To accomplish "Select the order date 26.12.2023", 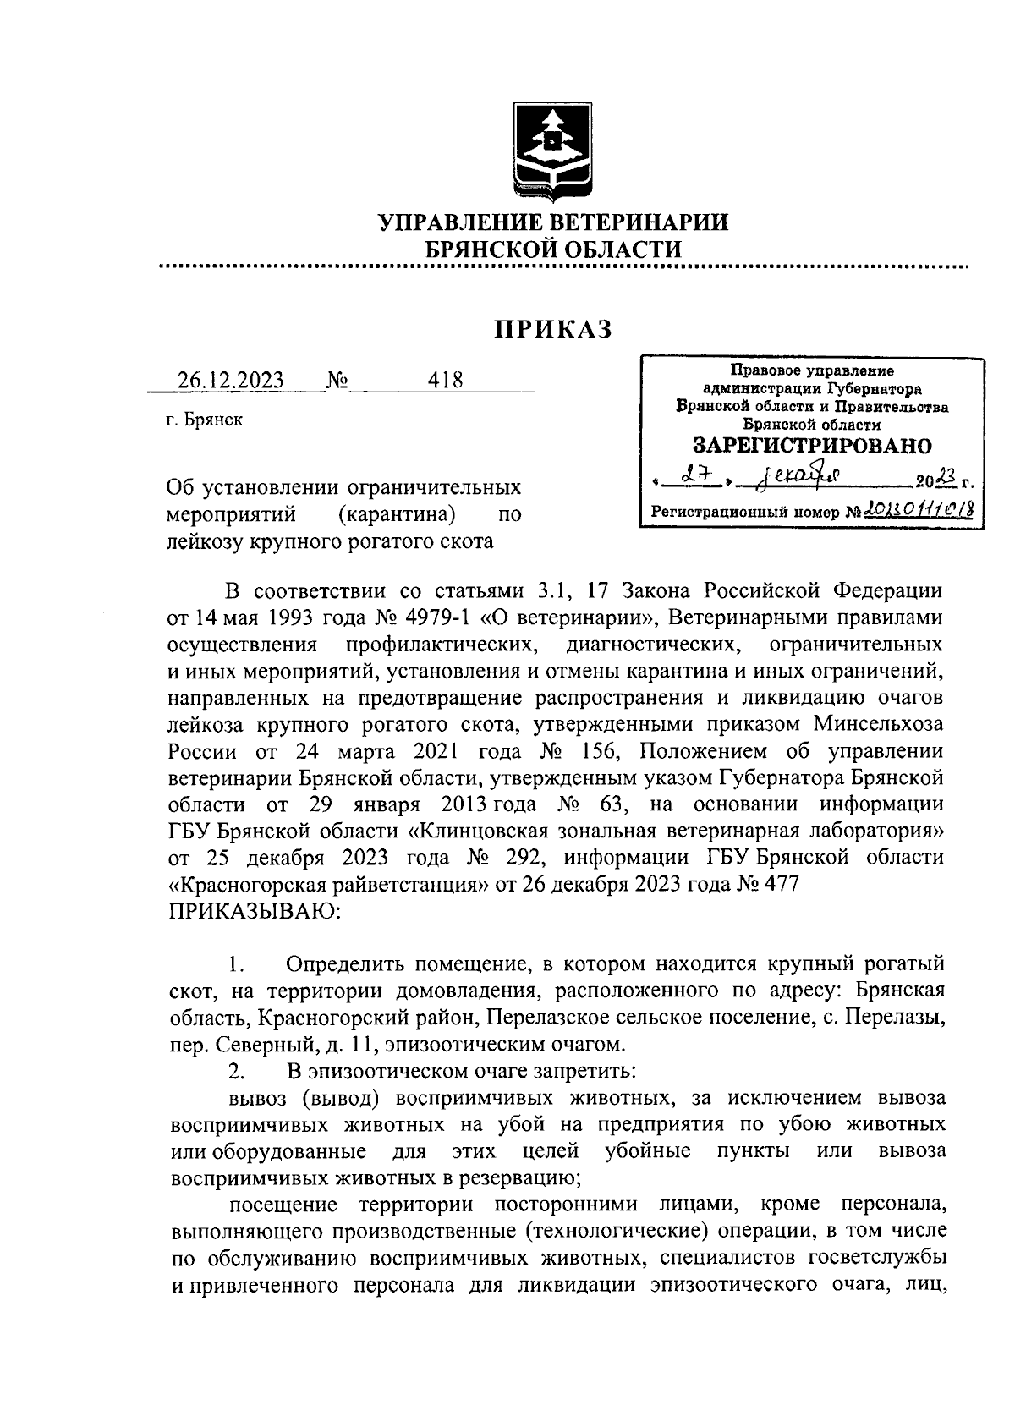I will [x=231, y=381].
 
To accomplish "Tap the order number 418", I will [x=446, y=381].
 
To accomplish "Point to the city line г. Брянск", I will [x=205, y=420].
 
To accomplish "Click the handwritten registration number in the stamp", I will [x=914, y=512].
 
